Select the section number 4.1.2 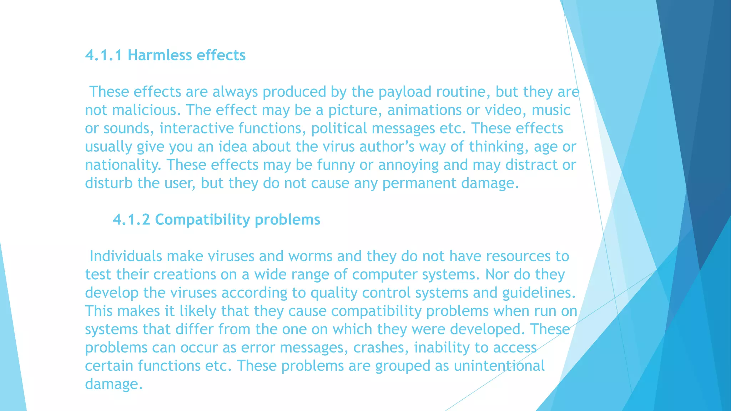click(131, 220)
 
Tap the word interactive click(196, 128)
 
